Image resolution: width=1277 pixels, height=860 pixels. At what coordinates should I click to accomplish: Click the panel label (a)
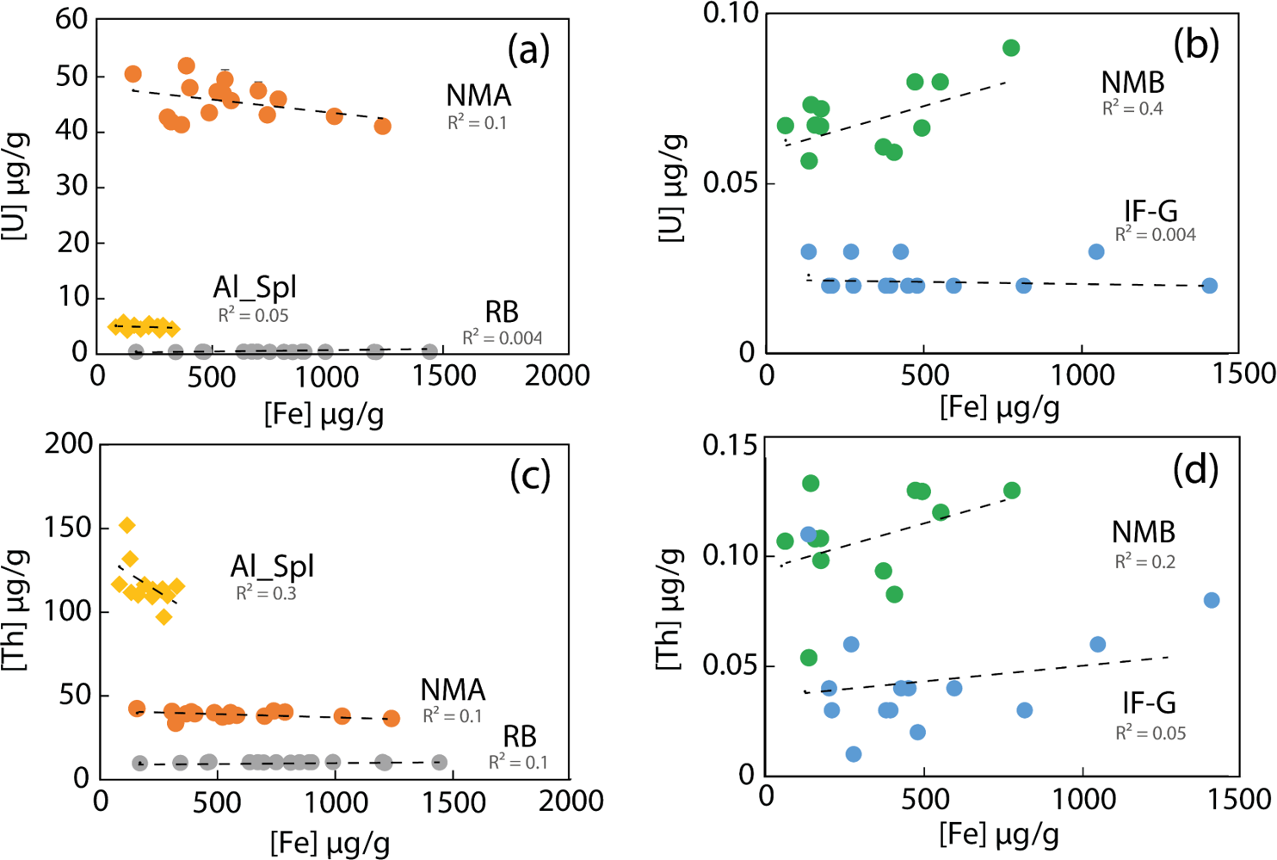528,50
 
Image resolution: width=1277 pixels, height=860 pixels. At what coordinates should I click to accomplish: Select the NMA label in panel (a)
478,95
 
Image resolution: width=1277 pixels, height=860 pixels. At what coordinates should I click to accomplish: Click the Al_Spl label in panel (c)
272,566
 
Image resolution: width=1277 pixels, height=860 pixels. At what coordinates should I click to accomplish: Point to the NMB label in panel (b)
1132,82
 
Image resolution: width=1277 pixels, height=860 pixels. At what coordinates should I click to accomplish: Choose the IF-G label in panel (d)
1149,703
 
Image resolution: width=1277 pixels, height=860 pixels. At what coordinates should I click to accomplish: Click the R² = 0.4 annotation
1132,108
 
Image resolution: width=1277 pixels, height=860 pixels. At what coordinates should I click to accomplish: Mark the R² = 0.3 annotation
266,593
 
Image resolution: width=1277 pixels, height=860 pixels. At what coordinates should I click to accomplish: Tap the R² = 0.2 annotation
1144,561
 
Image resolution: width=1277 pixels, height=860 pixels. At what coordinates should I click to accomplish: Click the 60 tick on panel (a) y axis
72,19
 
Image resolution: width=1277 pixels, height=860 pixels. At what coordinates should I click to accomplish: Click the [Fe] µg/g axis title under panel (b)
999,406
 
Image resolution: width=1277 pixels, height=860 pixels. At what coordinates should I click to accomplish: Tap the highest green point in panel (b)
1011,48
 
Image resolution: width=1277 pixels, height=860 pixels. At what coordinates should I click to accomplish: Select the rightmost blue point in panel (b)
1209,286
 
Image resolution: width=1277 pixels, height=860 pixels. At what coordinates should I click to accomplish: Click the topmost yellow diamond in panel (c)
127,525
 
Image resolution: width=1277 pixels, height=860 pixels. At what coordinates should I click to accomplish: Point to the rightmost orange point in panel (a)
382,127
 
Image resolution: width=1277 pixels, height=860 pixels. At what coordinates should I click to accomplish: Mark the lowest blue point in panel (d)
853,754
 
